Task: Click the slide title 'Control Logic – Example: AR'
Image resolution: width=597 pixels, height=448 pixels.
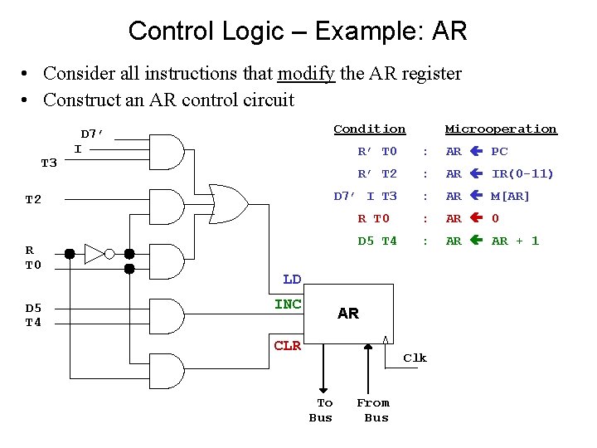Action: pyautogui.click(x=298, y=32)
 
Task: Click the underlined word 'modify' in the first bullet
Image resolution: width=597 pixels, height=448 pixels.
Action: pyautogui.click(x=306, y=74)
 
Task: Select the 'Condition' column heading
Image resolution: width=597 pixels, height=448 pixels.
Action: pyautogui.click(x=369, y=129)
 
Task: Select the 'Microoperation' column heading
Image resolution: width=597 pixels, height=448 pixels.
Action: pyautogui.click(x=501, y=129)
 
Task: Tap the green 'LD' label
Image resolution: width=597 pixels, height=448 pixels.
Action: pyautogui.click(x=292, y=280)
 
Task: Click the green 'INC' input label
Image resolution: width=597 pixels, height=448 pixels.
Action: pyautogui.click(x=288, y=304)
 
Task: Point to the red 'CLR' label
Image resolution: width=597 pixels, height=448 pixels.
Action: pyautogui.click(x=288, y=345)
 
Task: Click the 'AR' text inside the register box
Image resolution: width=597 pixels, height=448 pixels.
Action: pyautogui.click(x=348, y=314)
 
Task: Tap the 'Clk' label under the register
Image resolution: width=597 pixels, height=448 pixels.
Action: pyautogui.click(x=415, y=358)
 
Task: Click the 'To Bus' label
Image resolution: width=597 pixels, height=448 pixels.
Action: pyautogui.click(x=322, y=410)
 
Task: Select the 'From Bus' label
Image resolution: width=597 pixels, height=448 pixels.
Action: pyautogui.click(x=374, y=410)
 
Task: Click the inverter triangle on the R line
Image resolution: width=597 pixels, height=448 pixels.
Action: pyautogui.click(x=95, y=254)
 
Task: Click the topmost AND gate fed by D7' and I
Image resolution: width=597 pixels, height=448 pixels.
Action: pyautogui.click(x=168, y=152)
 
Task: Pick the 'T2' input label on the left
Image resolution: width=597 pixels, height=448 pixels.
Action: pyautogui.click(x=33, y=200)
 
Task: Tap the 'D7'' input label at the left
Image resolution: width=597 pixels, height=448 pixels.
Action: pyautogui.click(x=91, y=134)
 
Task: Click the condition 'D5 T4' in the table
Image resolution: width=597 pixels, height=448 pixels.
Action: pyautogui.click(x=377, y=241)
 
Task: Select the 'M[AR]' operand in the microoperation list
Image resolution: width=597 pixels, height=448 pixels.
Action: pyautogui.click(x=510, y=196)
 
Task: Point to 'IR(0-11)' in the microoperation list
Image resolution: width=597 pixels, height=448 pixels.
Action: pyautogui.click(x=522, y=173)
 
